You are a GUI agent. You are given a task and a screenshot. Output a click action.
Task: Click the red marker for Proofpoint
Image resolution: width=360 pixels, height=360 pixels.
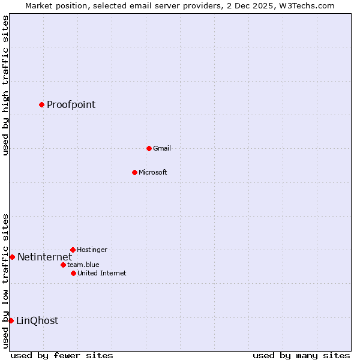(x=41, y=104)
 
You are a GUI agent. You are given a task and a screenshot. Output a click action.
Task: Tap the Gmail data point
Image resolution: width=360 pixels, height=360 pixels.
(x=149, y=148)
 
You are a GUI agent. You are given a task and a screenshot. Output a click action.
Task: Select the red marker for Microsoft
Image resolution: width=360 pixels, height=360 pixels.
(x=134, y=172)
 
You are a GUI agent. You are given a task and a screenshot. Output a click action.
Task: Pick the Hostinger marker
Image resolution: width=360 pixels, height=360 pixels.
(x=73, y=250)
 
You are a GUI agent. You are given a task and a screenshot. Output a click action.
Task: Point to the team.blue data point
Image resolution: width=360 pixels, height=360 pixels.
(x=63, y=265)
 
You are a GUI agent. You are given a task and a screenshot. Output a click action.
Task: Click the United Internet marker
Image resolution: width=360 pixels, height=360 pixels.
(x=73, y=273)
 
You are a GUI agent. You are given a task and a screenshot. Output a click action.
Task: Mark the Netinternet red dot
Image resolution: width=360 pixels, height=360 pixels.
(x=12, y=257)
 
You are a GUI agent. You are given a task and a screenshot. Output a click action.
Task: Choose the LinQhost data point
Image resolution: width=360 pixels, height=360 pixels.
(x=11, y=320)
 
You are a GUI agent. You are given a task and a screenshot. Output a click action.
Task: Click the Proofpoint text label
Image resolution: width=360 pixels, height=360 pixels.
(x=71, y=105)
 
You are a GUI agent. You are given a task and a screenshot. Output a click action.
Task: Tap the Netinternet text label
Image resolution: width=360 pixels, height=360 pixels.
(x=44, y=257)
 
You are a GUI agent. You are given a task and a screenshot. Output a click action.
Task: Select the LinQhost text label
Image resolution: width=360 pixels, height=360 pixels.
(x=37, y=321)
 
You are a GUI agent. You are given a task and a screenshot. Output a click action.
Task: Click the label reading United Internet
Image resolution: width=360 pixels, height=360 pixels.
(x=101, y=274)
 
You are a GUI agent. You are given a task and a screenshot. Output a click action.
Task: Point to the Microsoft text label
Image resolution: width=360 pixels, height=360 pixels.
(x=152, y=173)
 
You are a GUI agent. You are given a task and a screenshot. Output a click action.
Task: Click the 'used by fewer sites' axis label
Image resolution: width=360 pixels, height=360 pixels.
(x=62, y=355)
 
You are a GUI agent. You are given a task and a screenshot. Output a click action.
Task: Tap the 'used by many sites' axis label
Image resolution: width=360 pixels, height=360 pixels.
(x=301, y=355)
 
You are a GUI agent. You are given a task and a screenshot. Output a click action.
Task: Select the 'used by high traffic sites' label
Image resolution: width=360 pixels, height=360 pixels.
(x=5, y=85)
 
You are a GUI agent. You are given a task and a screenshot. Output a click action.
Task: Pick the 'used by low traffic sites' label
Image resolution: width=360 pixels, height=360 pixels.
(x=5, y=281)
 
